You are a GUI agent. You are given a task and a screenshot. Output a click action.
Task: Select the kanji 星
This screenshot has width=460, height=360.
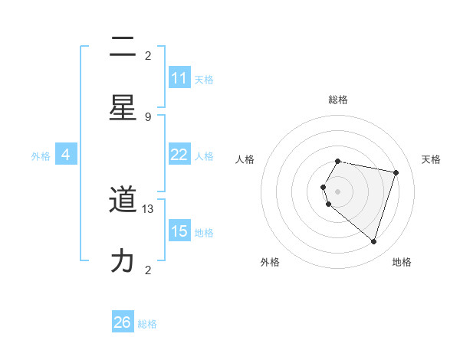[x=123, y=108]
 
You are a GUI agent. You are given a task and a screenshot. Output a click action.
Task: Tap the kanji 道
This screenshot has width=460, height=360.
[x=123, y=201]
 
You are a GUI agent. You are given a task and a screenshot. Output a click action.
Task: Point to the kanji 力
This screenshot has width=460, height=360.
[x=123, y=261]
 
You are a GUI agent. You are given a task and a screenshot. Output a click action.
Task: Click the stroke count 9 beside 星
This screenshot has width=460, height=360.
[x=148, y=117]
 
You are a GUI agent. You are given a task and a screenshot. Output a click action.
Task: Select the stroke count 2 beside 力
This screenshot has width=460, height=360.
[x=148, y=270]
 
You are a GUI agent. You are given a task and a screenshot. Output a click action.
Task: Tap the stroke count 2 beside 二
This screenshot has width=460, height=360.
[x=148, y=56]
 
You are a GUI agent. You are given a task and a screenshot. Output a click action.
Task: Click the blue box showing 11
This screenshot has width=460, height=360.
[x=179, y=78]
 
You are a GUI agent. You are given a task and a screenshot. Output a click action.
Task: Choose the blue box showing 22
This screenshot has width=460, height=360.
[x=179, y=155]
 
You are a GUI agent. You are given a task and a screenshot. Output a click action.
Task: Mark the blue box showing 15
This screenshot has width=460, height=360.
[x=179, y=231]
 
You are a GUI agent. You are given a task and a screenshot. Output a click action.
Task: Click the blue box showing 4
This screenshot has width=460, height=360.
[x=66, y=155]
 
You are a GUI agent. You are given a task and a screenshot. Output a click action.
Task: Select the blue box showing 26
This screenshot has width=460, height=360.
[x=123, y=322]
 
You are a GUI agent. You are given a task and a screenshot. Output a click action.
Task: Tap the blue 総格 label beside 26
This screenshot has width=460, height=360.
[x=147, y=324]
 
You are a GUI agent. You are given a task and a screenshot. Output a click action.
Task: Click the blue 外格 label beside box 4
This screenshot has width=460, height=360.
[x=41, y=156]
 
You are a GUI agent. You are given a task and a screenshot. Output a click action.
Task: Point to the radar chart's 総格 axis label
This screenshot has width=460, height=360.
[x=338, y=100]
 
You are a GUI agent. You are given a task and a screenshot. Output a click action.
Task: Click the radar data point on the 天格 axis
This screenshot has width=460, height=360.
[x=396, y=172]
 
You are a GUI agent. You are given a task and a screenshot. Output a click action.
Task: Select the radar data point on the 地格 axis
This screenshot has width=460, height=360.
[x=373, y=241]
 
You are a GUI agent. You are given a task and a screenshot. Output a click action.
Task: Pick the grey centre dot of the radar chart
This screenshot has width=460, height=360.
[x=338, y=191]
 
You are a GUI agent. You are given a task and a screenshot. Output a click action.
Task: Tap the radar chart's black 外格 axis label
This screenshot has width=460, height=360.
[x=270, y=262]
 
